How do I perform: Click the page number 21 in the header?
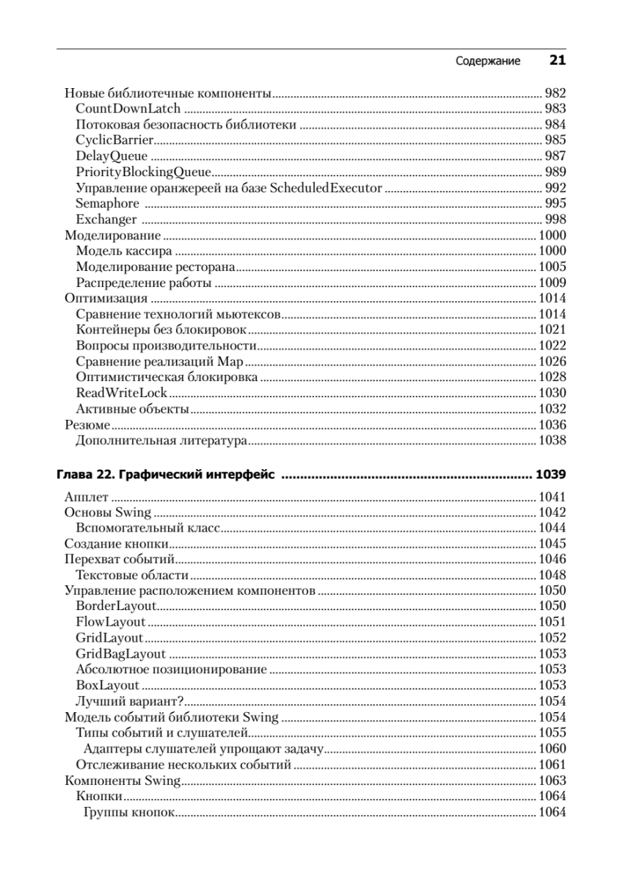click(557, 61)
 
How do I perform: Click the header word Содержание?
click(488, 62)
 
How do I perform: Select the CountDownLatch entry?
click(128, 109)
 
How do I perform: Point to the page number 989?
click(555, 172)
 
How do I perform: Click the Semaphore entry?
click(107, 203)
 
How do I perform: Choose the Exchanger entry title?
click(106, 220)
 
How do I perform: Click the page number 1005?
click(552, 267)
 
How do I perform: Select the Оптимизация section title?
click(106, 298)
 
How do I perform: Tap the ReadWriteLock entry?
click(122, 393)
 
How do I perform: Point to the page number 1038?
click(552, 440)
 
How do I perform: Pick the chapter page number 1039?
click(551, 475)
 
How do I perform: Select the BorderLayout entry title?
click(117, 606)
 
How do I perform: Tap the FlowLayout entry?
click(111, 622)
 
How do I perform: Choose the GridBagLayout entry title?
click(120, 653)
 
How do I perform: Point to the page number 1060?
click(552, 748)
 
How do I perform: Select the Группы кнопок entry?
click(129, 812)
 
